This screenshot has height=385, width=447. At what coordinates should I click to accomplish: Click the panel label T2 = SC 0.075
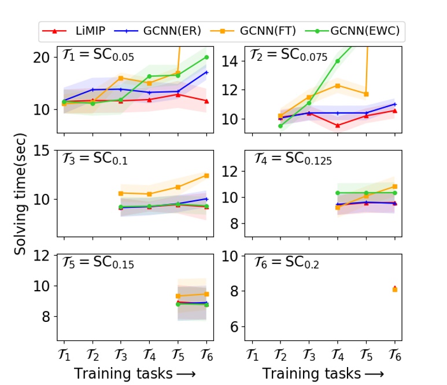pyautogui.click(x=289, y=57)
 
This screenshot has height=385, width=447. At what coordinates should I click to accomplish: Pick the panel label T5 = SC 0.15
pyautogui.click(x=98, y=262)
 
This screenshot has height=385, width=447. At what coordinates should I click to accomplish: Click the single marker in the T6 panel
pyautogui.click(x=395, y=288)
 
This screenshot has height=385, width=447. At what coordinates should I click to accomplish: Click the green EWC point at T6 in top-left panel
pyautogui.click(x=206, y=57)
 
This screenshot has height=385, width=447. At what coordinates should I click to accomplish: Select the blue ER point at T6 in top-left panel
pyautogui.click(x=206, y=72)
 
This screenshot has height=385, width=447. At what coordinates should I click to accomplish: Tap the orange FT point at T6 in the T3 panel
pyautogui.click(x=206, y=175)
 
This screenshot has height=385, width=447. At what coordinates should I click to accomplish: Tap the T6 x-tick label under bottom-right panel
pyautogui.click(x=395, y=353)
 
